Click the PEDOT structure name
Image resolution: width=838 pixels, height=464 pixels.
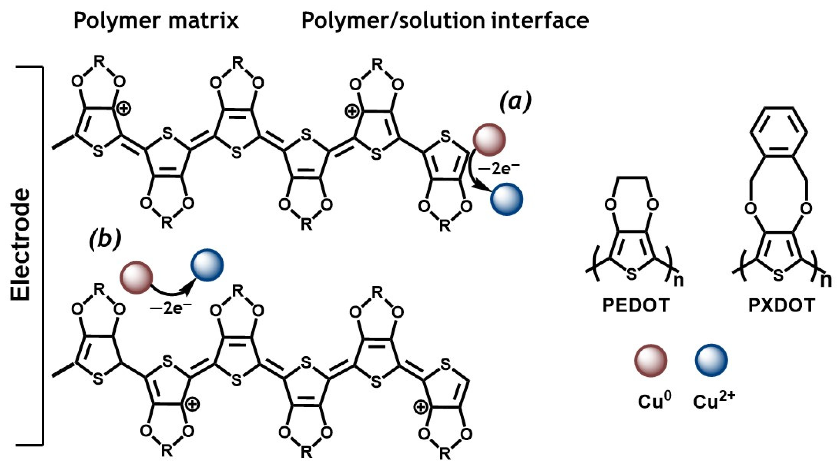pyautogui.click(x=636, y=305)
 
